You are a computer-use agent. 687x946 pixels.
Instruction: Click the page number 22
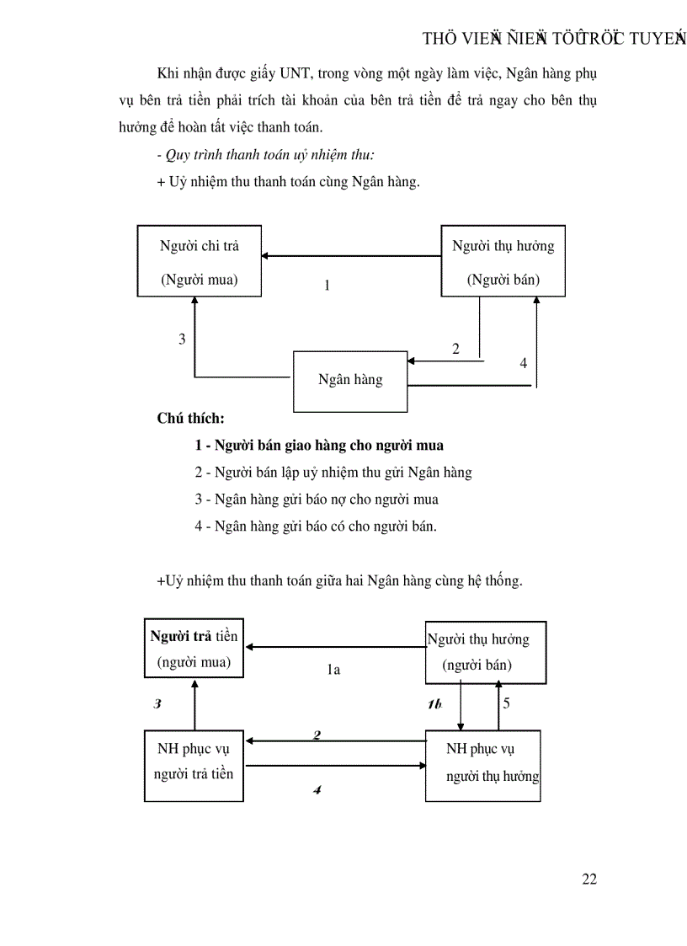point(588,879)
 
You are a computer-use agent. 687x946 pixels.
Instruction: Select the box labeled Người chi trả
point(200,260)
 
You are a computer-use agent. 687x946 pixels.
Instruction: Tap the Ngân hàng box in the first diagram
point(349,380)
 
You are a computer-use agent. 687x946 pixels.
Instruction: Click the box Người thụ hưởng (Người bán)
point(503,260)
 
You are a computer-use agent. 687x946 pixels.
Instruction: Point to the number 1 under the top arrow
point(327,286)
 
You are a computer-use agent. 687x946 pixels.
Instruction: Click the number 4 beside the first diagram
point(523,363)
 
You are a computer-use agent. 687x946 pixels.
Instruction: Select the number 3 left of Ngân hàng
point(182,339)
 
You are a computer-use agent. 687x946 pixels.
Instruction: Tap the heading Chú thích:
point(191,418)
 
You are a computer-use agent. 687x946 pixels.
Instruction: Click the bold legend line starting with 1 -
point(319,445)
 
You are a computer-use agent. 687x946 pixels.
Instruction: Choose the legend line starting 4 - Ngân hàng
point(316,526)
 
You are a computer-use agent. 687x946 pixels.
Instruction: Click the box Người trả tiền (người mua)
point(194,649)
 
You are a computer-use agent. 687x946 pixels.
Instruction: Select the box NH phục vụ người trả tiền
point(194,761)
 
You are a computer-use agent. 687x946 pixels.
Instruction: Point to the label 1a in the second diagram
point(333,671)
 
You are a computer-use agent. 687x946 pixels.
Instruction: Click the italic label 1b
point(434,704)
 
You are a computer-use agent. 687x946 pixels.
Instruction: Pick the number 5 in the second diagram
point(506,703)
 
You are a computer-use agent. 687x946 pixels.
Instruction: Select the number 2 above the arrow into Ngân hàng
point(455,348)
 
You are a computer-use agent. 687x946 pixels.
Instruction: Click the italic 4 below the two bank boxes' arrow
point(317,790)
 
